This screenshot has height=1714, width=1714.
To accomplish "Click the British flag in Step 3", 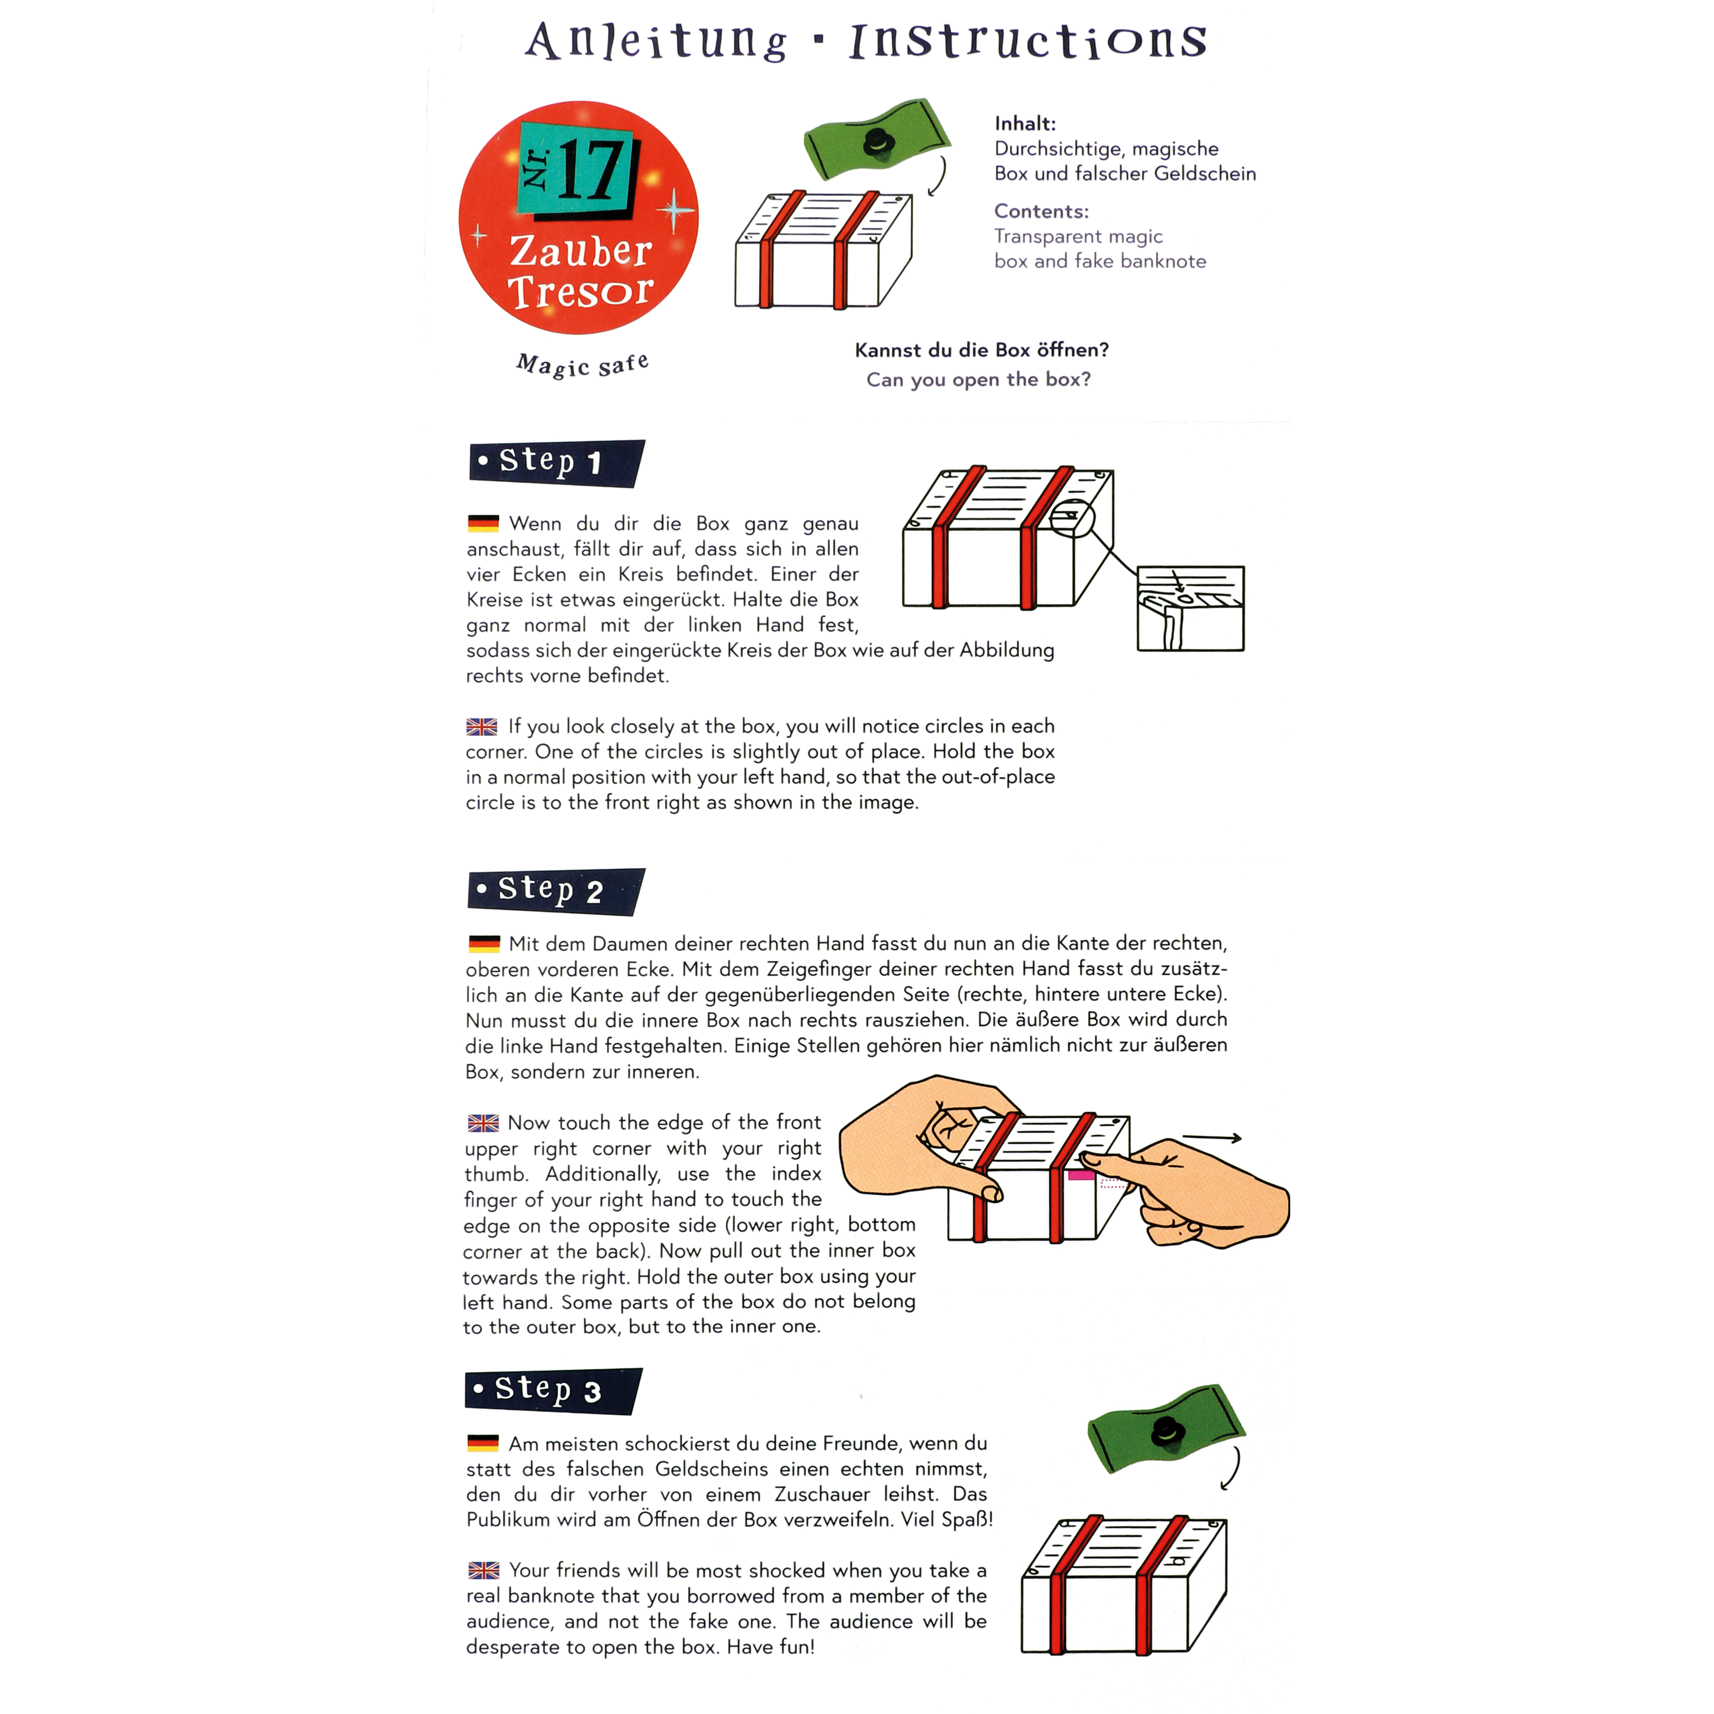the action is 483,1570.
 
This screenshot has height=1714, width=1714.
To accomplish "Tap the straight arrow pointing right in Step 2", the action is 1212,1137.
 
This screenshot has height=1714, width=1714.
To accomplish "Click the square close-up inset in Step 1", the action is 1190,608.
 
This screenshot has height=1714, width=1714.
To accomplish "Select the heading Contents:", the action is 1041,211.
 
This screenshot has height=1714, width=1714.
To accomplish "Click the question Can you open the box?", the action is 979,380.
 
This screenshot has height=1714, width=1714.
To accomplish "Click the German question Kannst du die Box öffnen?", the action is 981,350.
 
